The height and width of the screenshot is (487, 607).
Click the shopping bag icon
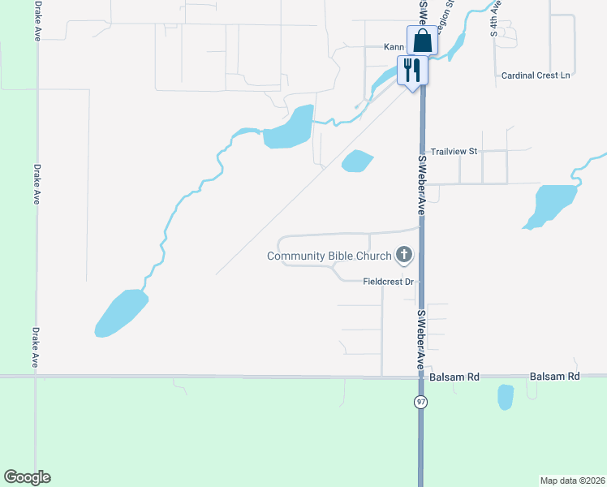(422, 40)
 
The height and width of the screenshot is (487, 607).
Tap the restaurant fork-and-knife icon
(412, 70)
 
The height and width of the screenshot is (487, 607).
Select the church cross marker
(403, 256)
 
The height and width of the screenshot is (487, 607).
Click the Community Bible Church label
(328, 256)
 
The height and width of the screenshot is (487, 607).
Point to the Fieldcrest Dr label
(389, 282)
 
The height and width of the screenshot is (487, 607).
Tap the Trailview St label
(454, 152)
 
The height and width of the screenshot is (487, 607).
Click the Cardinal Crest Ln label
(536, 75)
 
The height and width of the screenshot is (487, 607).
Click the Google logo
(27, 477)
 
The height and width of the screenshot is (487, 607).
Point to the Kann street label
(394, 47)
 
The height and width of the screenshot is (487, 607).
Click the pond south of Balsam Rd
(505, 397)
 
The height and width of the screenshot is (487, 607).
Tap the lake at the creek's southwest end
(122, 312)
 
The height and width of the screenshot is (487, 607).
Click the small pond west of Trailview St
(357, 162)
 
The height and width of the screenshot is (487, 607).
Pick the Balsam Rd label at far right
(555, 377)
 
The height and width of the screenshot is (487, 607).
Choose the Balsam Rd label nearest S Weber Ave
(455, 377)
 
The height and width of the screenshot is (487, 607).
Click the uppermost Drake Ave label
(37, 21)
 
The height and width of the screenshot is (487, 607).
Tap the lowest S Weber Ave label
(421, 339)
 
